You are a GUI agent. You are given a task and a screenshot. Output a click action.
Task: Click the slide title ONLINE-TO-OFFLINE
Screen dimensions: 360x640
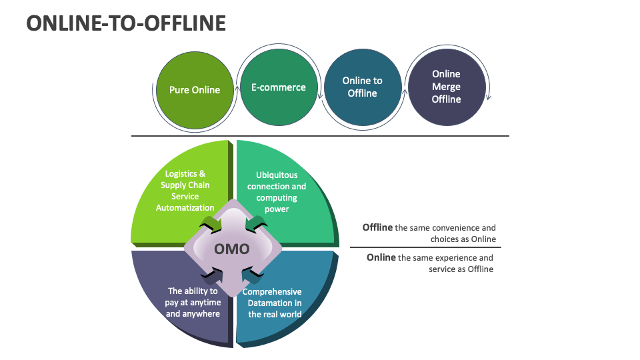coord(126,23)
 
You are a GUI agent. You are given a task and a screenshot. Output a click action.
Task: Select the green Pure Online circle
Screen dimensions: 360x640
coord(194,90)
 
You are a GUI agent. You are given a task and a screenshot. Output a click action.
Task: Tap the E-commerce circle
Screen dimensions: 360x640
coord(278,87)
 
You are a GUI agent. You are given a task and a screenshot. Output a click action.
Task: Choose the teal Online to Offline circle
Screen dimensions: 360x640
coord(362,87)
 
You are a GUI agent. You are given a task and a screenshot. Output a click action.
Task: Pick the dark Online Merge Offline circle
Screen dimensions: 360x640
coord(446,87)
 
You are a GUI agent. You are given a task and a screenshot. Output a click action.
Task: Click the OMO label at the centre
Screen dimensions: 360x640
coord(231,249)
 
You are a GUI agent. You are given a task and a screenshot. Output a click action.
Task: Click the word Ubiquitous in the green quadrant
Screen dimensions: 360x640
coord(277,175)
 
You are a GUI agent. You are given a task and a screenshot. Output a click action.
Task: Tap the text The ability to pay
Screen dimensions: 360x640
coord(193,297)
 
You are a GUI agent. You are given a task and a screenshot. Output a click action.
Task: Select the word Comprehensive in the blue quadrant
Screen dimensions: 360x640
coord(272,292)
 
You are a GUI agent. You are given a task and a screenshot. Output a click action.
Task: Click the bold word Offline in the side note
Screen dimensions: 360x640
coord(377,227)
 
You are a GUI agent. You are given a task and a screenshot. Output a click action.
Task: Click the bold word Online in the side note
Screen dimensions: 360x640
coord(381,257)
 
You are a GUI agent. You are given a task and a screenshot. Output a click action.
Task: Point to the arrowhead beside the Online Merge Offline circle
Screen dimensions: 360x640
coord(489,97)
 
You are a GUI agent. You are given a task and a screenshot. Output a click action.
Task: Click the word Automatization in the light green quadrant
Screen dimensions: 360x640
coord(185,207)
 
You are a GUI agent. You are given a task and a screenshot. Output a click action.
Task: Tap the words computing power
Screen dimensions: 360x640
coord(277,203)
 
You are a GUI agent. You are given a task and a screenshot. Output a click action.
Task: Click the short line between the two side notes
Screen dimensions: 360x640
coord(425,247)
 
